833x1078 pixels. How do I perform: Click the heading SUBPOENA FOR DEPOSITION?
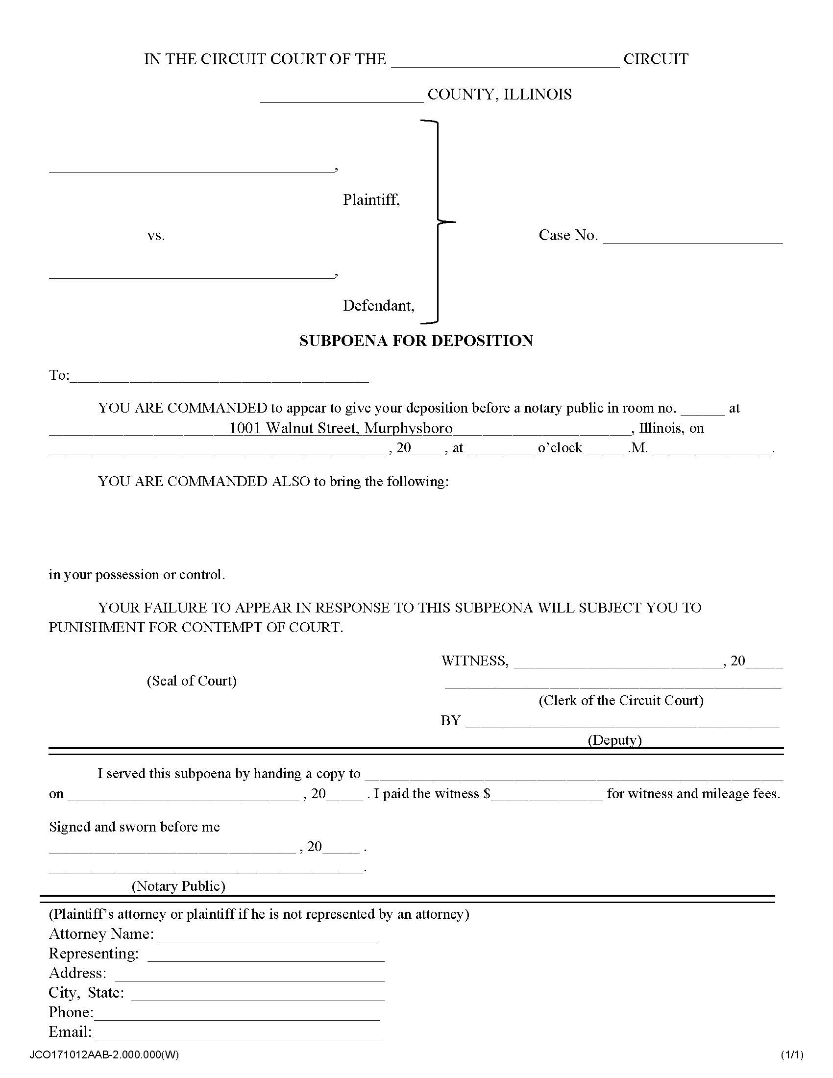coord(416,341)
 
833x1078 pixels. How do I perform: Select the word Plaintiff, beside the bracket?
coord(371,200)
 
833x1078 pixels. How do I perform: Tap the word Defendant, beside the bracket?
coord(378,306)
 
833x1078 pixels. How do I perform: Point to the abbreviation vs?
coord(156,236)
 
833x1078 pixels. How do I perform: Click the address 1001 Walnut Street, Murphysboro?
coord(341,428)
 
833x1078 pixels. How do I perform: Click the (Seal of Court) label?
coord(192,681)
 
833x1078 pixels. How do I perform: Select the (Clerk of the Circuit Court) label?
coord(621,700)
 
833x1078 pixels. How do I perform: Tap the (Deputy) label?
coord(614,740)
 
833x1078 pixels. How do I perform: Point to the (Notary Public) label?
coord(178,886)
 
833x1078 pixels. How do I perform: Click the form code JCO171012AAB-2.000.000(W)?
coord(104,1055)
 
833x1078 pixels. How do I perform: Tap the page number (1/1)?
coord(791,1055)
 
